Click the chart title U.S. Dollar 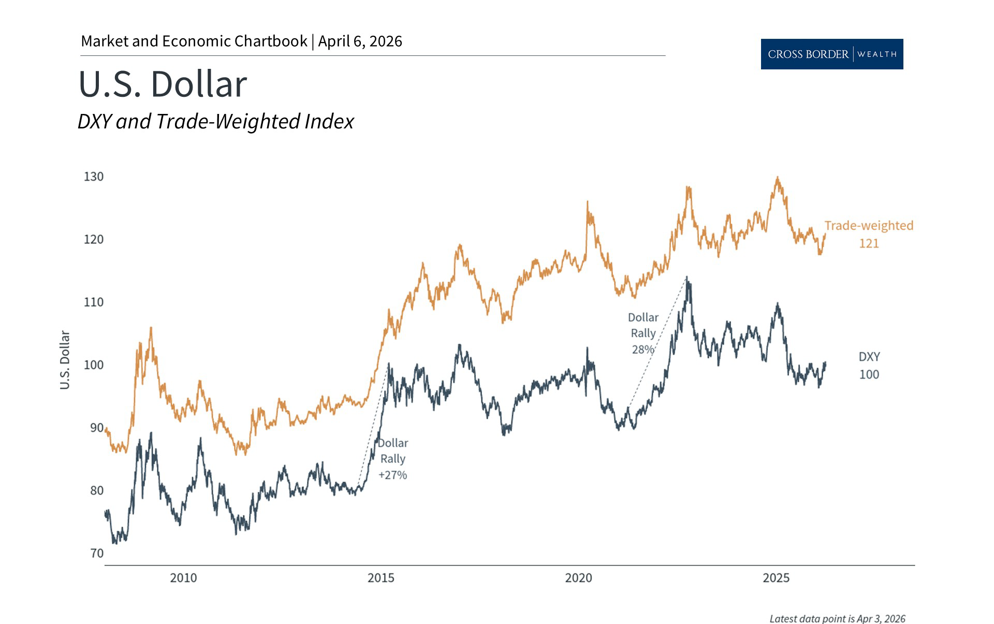click(x=163, y=84)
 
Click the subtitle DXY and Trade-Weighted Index click(x=215, y=122)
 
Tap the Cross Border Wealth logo click(x=831, y=54)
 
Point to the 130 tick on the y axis click(x=94, y=177)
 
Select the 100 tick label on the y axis click(x=94, y=365)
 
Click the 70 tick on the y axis click(x=97, y=553)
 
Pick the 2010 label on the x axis click(x=183, y=578)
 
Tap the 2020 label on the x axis click(x=578, y=578)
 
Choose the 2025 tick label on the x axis click(x=776, y=578)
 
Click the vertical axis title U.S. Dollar click(x=65, y=360)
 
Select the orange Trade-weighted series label click(x=869, y=226)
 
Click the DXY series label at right click(x=869, y=357)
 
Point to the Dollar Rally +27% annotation click(x=393, y=459)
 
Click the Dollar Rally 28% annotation click(x=643, y=333)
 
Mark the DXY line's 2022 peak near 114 click(x=687, y=279)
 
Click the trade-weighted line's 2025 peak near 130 click(x=777, y=178)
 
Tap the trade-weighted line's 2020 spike click(x=587, y=202)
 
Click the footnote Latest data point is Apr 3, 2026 click(x=837, y=619)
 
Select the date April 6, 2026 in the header click(x=360, y=41)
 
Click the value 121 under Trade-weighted click(x=869, y=243)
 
